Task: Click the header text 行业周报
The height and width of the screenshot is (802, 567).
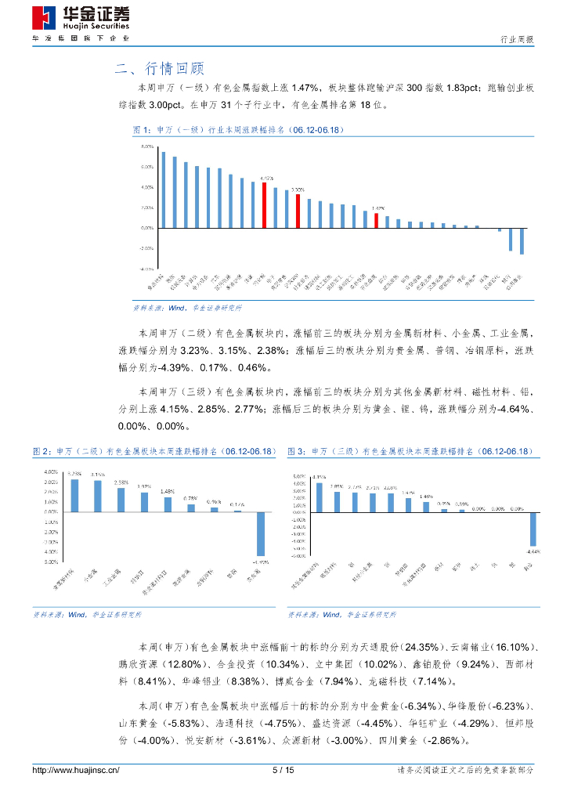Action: pos(517,39)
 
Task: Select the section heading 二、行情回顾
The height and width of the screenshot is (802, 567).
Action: pos(159,68)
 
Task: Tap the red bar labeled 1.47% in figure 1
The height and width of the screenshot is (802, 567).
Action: pos(376,221)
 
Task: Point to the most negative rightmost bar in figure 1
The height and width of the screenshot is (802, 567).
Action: pos(522,241)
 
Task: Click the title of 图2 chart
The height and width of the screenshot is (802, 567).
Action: pos(154,452)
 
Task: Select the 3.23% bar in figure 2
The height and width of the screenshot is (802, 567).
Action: pos(74,495)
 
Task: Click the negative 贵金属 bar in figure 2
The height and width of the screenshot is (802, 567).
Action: pos(261,534)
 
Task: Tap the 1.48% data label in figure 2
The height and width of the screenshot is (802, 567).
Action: pos(168,492)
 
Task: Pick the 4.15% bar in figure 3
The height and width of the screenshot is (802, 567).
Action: pos(319,497)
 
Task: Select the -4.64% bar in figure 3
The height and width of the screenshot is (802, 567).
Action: pos(533,529)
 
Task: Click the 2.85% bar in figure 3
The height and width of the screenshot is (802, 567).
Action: pos(337,502)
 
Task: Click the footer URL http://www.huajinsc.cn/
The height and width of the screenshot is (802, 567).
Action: pos(76,771)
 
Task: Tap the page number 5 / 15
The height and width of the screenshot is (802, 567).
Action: pos(283,771)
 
